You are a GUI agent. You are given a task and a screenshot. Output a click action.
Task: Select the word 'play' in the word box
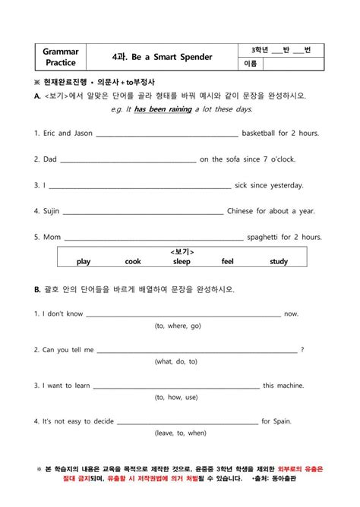pyautogui.click(x=84, y=262)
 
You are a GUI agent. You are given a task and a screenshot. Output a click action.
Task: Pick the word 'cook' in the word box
pyautogui.click(x=133, y=262)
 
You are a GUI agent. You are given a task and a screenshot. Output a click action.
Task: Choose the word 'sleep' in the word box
pyautogui.click(x=182, y=262)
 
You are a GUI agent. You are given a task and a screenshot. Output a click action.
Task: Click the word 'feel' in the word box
pyautogui.click(x=227, y=262)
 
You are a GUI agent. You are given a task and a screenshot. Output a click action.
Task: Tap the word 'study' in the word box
pyautogui.click(x=279, y=262)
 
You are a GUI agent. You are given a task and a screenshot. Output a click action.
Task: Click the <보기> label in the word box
pyautogui.click(x=182, y=251)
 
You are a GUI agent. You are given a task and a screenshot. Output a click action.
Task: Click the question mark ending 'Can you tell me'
pyautogui.click(x=302, y=350)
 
